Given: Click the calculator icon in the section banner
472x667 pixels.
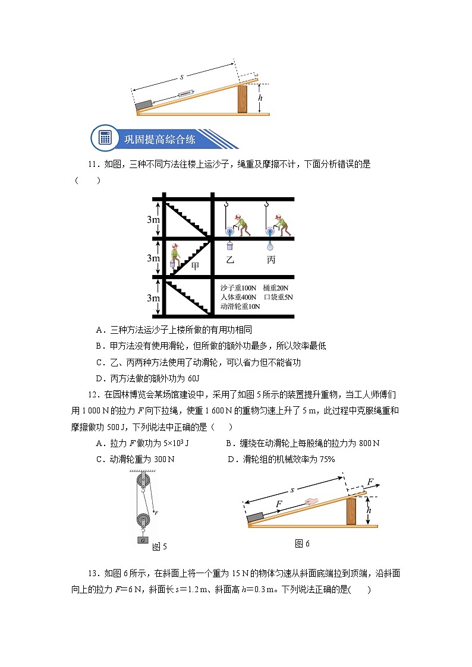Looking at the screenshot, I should click(105, 138).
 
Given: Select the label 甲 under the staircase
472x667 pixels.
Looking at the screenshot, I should click(195, 267).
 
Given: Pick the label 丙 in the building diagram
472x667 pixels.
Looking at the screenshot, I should click(271, 260).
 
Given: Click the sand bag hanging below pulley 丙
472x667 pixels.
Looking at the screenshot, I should click(271, 245).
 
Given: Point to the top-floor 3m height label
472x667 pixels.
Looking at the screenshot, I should click(153, 219).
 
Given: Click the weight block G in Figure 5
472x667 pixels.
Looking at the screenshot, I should click(143, 540).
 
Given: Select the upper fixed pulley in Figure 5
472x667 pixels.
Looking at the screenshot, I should click(143, 481).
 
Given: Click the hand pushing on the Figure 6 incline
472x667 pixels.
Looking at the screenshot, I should click(311, 501).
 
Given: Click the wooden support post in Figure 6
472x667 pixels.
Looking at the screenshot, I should click(351, 511).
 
